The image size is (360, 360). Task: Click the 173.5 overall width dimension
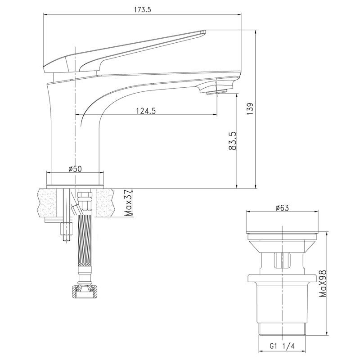click(x=142, y=9)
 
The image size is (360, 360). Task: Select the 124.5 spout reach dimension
click(x=146, y=111)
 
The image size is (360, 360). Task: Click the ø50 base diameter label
click(x=75, y=169)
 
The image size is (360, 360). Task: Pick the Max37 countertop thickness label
click(x=129, y=203)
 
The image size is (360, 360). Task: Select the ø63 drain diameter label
click(x=282, y=207)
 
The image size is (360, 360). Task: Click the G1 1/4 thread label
click(x=282, y=346)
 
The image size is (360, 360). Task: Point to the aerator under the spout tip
click(x=216, y=93)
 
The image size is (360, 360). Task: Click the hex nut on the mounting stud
click(x=66, y=229)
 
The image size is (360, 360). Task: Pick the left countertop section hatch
click(x=46, y=202)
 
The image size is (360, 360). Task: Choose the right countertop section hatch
click(x=105, y=202)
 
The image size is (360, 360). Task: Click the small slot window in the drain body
click(x=282, y=260)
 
